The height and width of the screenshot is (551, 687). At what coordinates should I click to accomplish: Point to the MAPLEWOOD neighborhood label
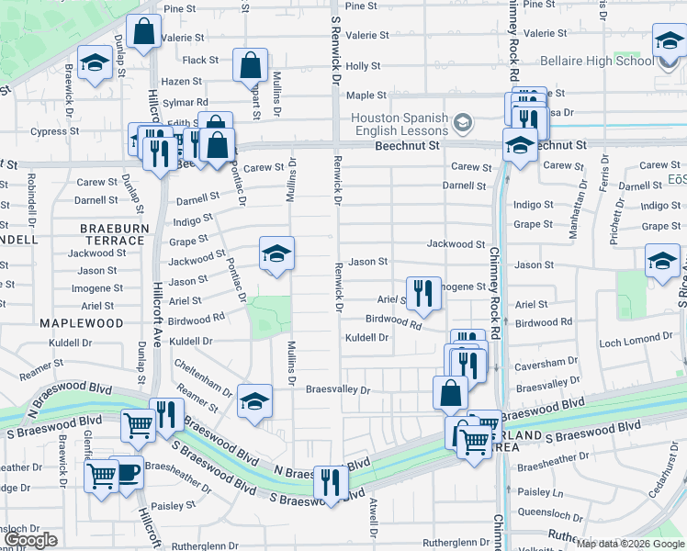pos(81,323)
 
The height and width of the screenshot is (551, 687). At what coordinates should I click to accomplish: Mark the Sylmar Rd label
pos(185,102)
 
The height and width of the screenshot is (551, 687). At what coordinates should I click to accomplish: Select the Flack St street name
pos(200,61)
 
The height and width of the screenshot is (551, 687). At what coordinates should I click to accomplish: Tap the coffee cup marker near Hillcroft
pos(128,473)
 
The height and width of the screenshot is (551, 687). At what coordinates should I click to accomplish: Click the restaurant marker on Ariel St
pos(423,293)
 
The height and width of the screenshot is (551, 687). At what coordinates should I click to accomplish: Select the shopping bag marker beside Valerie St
pos(144,32)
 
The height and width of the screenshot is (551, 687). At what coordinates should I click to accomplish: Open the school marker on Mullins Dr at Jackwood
pos(276,253)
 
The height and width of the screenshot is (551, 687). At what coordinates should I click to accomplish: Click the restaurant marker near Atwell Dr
pos(329,481)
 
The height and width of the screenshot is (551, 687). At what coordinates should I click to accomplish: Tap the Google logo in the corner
pos(31,540)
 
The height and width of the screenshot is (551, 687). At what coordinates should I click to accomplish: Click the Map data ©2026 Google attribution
pos(629,544)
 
